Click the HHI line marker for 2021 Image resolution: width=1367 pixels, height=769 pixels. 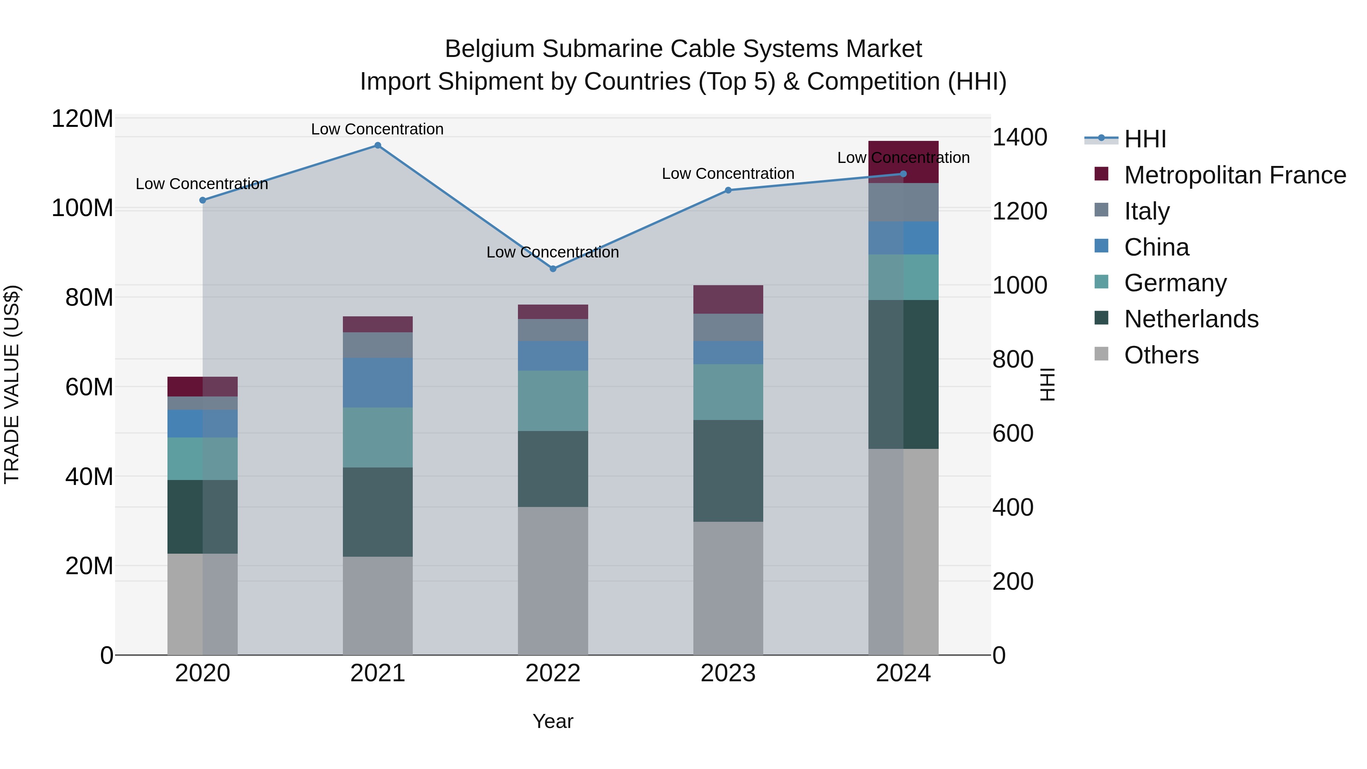[377, 145]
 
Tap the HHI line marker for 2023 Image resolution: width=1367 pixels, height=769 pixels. [728, 190]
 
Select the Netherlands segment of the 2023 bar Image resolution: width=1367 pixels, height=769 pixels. [728, 471]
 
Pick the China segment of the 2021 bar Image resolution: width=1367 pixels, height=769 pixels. [377, 383]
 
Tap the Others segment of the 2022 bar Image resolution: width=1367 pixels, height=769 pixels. [553, 581]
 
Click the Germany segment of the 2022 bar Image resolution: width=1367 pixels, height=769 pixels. [553, 401]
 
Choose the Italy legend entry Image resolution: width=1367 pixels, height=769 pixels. [1146, 211]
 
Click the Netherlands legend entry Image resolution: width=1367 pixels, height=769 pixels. [1191, 319]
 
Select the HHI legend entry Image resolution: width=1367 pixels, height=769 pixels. [1144, 139]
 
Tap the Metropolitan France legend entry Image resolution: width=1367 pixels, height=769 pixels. [1234, 175]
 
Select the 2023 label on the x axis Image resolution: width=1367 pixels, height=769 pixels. [728, 673]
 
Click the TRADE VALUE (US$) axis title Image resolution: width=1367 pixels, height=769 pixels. [12, 384]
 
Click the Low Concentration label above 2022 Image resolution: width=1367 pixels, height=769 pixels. [552, 252]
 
